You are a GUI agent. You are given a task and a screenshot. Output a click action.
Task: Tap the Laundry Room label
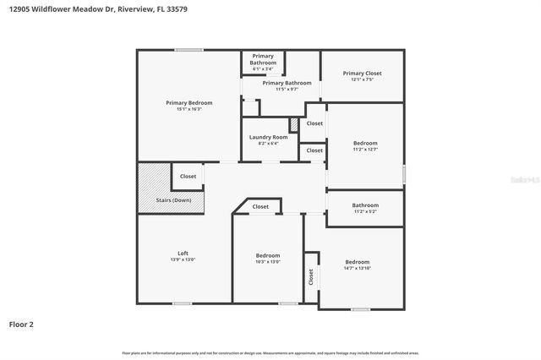coord(268,137)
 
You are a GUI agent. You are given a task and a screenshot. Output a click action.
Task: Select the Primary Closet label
coord(363,74)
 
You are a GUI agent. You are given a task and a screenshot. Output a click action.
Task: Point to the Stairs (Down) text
coord(174,200)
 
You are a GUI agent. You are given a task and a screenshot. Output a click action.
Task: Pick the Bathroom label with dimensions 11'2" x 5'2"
coord(365,205)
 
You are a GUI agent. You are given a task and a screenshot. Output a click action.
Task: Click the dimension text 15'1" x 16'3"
coord(189,109)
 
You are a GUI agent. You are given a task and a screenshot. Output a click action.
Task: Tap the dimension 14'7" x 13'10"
coord(357,268)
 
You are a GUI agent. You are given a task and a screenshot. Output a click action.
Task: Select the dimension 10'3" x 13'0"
coord(268,262)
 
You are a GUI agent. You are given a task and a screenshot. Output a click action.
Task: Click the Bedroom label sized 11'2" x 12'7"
coord(365,144)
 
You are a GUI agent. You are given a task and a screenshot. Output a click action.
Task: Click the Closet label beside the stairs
coord(188,177)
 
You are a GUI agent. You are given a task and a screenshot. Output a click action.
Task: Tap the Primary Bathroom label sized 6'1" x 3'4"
coord(263,59)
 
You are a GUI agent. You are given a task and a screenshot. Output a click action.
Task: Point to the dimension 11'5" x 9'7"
coord(287,89)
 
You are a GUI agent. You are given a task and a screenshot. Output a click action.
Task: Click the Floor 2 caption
coord(21,324)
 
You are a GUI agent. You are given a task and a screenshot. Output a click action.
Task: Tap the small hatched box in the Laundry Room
coord(293,124)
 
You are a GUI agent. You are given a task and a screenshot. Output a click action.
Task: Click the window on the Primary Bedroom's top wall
coord(188,51)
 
